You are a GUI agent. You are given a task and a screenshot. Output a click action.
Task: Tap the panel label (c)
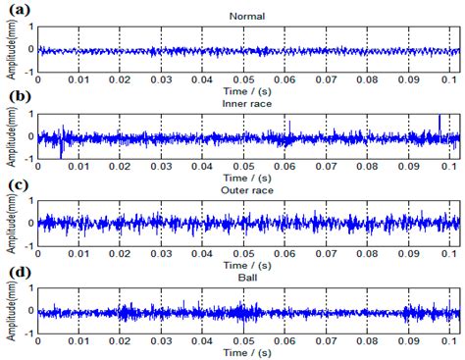click(x=16, y=183)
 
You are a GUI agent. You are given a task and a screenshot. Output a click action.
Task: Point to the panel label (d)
click(x=16, y=271)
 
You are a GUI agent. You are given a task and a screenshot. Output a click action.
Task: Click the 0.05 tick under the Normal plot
click(x=245, y=79)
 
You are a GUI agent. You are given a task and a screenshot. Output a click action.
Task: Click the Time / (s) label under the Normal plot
click(x=245, y=90)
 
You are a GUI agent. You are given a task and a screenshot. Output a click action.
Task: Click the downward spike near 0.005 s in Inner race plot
click(x=61, y=152)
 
